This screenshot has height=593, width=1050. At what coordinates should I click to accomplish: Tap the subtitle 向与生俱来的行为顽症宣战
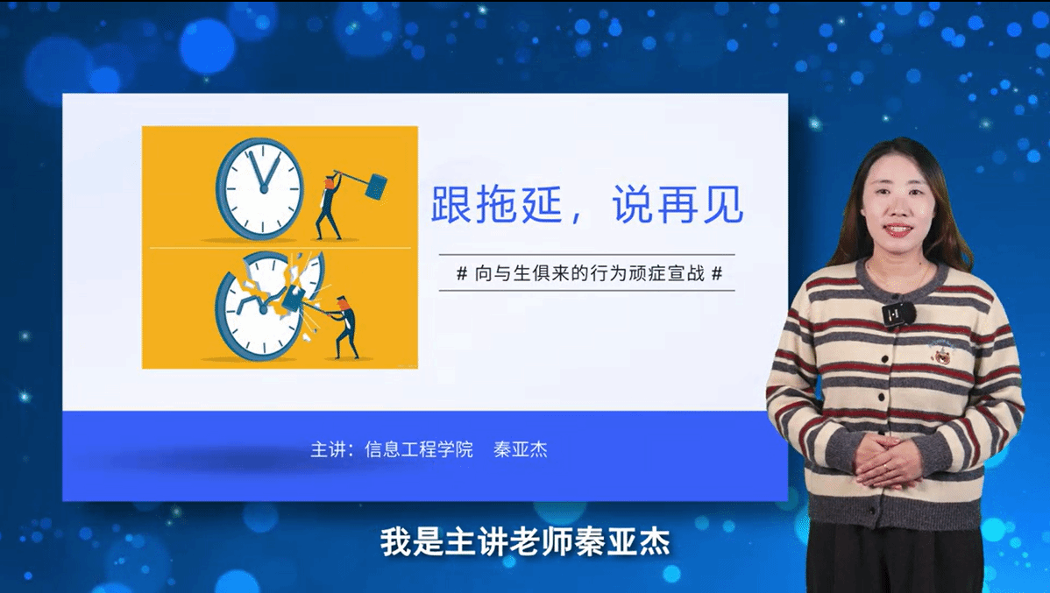point(589,273)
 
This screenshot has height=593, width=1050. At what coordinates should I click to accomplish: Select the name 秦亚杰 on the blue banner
point(521,449)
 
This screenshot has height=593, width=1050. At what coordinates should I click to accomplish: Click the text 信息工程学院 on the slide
point(419,449)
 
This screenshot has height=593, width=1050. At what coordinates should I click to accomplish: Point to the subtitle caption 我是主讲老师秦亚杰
point(525,541)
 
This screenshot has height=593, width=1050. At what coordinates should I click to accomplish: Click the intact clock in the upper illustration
point(260,188)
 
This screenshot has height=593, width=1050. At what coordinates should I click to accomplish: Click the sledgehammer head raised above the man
point(376,186)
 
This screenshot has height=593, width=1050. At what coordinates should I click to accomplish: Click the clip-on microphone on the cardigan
point(898,314)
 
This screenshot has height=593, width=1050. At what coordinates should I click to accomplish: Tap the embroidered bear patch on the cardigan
point(941,352)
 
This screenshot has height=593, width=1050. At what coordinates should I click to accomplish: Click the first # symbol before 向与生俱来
point(461,273)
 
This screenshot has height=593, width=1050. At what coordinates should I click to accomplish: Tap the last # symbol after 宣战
point(717,273)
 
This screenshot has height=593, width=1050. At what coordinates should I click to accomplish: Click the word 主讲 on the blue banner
point(328,449)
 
